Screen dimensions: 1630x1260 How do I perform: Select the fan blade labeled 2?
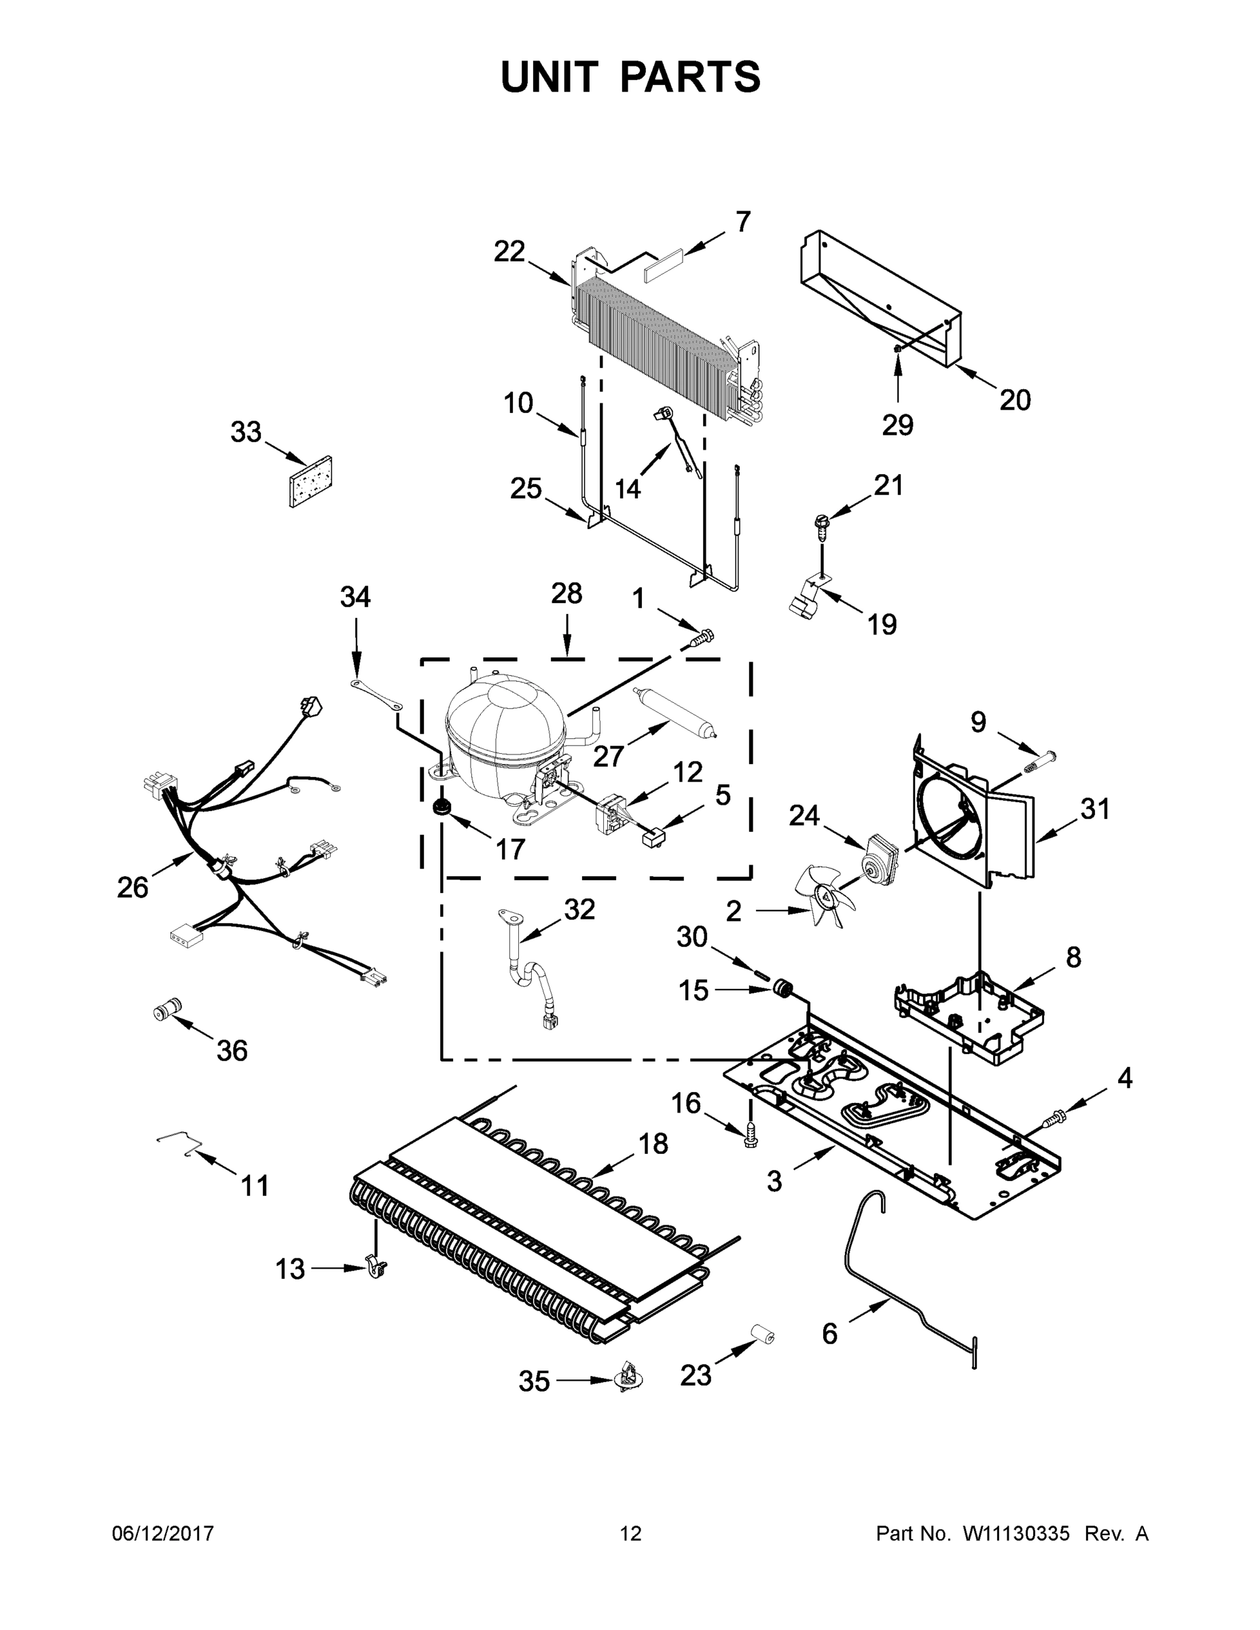[x=822, y=894]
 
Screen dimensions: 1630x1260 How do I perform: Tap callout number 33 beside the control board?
[x=246, y=431]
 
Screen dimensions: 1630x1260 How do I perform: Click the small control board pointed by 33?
[x=311, y=482]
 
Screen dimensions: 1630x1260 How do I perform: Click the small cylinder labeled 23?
[x=761, y=1334]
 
